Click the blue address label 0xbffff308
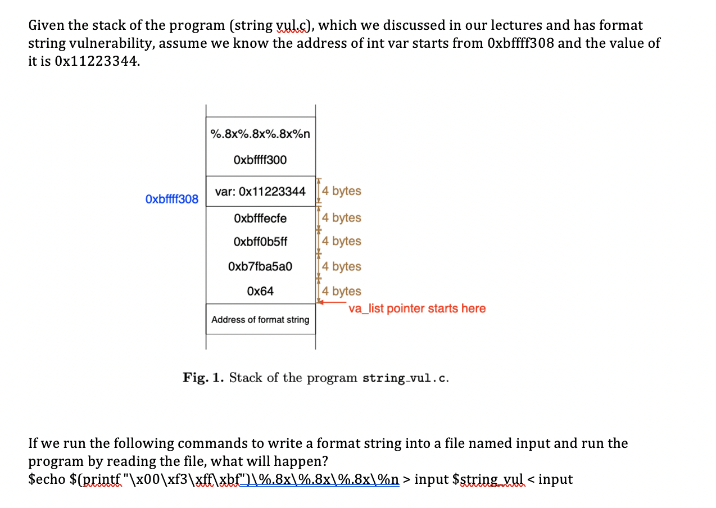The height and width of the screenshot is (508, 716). tap(171, 199)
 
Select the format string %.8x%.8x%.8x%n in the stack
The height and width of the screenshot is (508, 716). tap(260, 134)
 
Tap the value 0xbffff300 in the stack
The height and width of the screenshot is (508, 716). tap(260, 160)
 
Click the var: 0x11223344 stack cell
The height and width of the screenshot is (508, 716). tap(260, 192)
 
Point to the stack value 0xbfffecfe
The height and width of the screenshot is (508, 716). tap(260, 218)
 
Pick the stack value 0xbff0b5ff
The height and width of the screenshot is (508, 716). tap(260, 242)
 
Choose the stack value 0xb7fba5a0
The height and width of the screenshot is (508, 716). tap(260, 266)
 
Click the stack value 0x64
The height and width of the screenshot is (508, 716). tap(260, 291)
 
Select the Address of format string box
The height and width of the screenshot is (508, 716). tap(260, 319)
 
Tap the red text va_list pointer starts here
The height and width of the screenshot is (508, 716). tap(416, 309)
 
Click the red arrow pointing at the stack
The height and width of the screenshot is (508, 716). tap(332, 302)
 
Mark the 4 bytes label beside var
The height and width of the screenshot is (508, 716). tap(342, 191)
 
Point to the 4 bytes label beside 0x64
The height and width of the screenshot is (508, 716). tap(342, 291)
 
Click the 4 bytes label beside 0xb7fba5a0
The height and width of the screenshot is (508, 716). tap(342, 266)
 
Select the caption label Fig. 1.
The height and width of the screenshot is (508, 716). tap(202, 377)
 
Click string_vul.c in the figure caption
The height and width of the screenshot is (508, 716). tap(405, 378)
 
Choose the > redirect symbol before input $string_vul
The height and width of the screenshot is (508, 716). tap(407, 479)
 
